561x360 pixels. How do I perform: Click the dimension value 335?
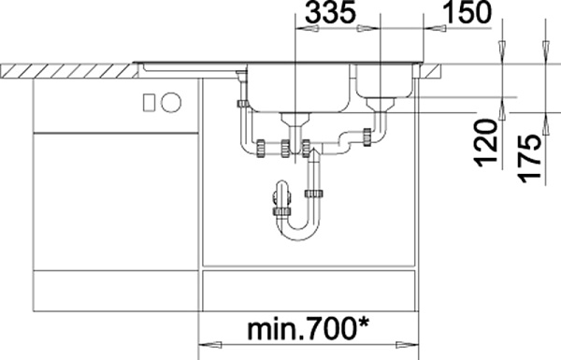click(331, 12)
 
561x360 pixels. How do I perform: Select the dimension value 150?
click(467, 12)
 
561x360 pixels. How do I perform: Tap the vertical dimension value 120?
click(486, 143)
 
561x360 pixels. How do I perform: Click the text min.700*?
click(308, 329)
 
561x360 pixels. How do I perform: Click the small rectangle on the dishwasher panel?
click(149, 102)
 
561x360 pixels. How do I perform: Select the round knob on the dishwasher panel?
click(171, 102)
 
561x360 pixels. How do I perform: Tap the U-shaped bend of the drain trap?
click(298, 229)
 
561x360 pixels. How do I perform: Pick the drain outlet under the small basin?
click(380, 104)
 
